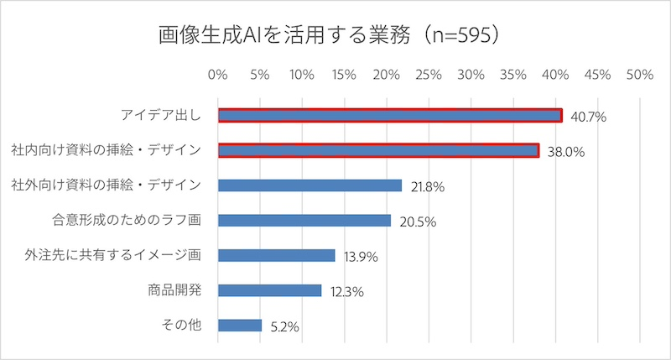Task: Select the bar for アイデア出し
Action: point(390,116)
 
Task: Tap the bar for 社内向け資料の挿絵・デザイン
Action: point(378,150)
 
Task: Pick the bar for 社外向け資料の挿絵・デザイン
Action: point(309,185)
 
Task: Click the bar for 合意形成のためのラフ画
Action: point(304,220)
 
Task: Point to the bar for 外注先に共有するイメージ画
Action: point(276,255)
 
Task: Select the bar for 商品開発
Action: point(269,290)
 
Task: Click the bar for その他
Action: point(240,325)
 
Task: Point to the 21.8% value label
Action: point(427,187)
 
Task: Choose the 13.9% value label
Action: point(361,257)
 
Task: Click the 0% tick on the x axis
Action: point(218,76)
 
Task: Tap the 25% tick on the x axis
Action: point(429,76)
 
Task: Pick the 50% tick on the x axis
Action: point(639,76)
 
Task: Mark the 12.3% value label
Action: point(346,292)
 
